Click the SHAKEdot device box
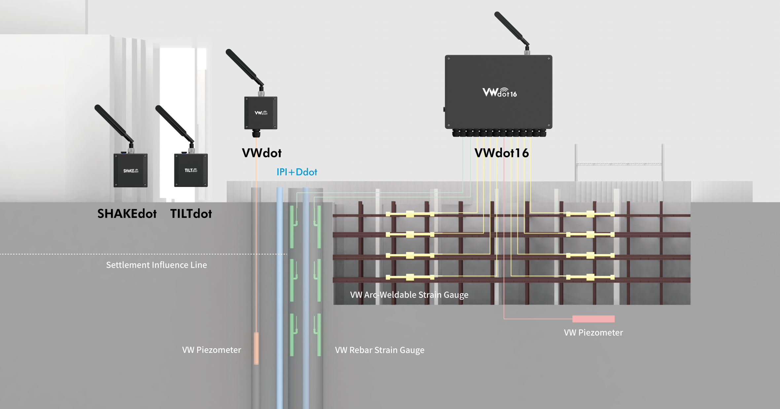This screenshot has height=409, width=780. tap(130, 170)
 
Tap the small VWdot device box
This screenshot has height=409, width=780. tap(261, 113)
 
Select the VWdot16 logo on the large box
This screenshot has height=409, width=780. tap(499, 93)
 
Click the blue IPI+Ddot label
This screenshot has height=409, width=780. tap(297, 172)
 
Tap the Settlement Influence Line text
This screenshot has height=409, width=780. tap(156, 265)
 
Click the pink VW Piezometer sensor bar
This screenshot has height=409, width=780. tap(593, 319)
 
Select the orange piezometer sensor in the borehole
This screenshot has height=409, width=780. tap(256, 348)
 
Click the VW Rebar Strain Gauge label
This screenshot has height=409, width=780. tap(379, 350)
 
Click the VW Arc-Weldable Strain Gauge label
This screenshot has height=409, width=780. tap(409, 295)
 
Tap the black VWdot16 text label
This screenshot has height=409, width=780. tap(501, 153)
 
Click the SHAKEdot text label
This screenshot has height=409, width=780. tap(127, 214)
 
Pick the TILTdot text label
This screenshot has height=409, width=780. tap(191, 214)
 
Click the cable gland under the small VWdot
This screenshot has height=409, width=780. tap(256, 134)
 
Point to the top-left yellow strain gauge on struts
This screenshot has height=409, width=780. tap(410, 214)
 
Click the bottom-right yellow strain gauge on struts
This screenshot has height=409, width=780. tap(590, 277)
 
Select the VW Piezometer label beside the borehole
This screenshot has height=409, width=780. tap(211, 350)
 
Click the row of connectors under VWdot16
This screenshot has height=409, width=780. tap(499, 133)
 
